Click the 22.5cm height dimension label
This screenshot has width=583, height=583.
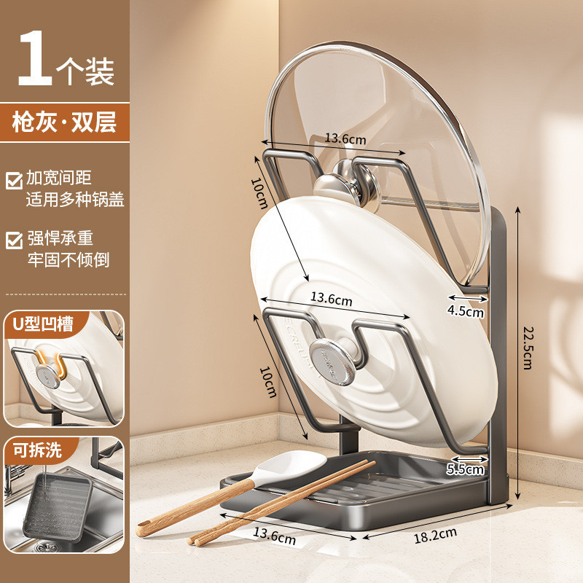528,348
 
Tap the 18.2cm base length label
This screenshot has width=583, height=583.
435,536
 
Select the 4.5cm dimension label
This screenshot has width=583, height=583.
466,311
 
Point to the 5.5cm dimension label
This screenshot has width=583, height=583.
465,469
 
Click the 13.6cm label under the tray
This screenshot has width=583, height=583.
274,536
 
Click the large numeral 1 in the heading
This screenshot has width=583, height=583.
35,58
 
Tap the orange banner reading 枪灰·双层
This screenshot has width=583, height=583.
65,122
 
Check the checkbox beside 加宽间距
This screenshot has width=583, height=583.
14,180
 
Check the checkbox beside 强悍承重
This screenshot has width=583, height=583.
14,240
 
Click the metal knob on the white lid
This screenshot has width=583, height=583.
332,361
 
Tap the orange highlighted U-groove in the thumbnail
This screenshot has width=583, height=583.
52,366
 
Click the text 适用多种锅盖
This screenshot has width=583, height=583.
75,200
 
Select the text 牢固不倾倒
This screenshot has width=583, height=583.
69,259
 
